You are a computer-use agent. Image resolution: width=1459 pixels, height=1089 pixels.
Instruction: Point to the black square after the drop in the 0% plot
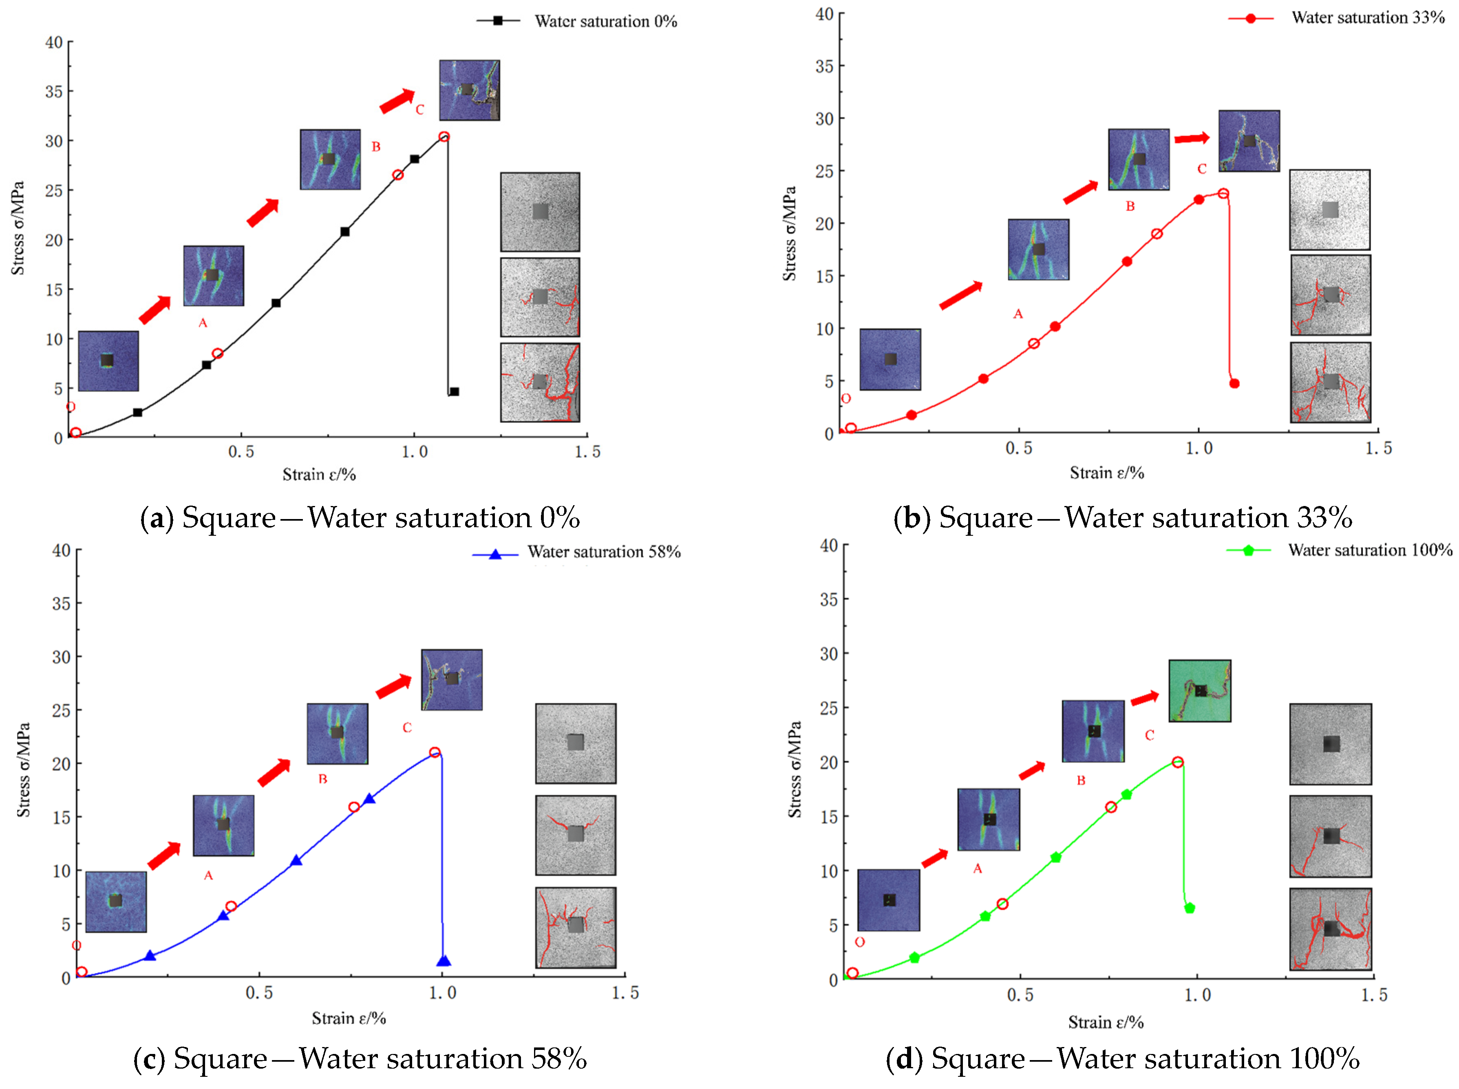click(454, 392)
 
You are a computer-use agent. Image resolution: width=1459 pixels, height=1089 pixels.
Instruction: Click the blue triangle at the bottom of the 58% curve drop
click(444, 961)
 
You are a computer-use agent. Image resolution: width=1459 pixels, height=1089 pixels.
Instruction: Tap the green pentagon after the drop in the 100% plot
click(1189, 908)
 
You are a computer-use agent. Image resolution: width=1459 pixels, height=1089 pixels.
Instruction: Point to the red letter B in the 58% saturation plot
click(322, 779)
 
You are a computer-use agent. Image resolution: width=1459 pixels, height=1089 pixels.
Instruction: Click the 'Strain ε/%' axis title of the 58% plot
click(349, 1019)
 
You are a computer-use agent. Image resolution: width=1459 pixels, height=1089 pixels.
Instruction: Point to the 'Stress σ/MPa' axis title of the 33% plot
click(790, 233)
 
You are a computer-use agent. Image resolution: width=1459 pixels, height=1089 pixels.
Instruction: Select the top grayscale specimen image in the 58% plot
click(576, 743)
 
